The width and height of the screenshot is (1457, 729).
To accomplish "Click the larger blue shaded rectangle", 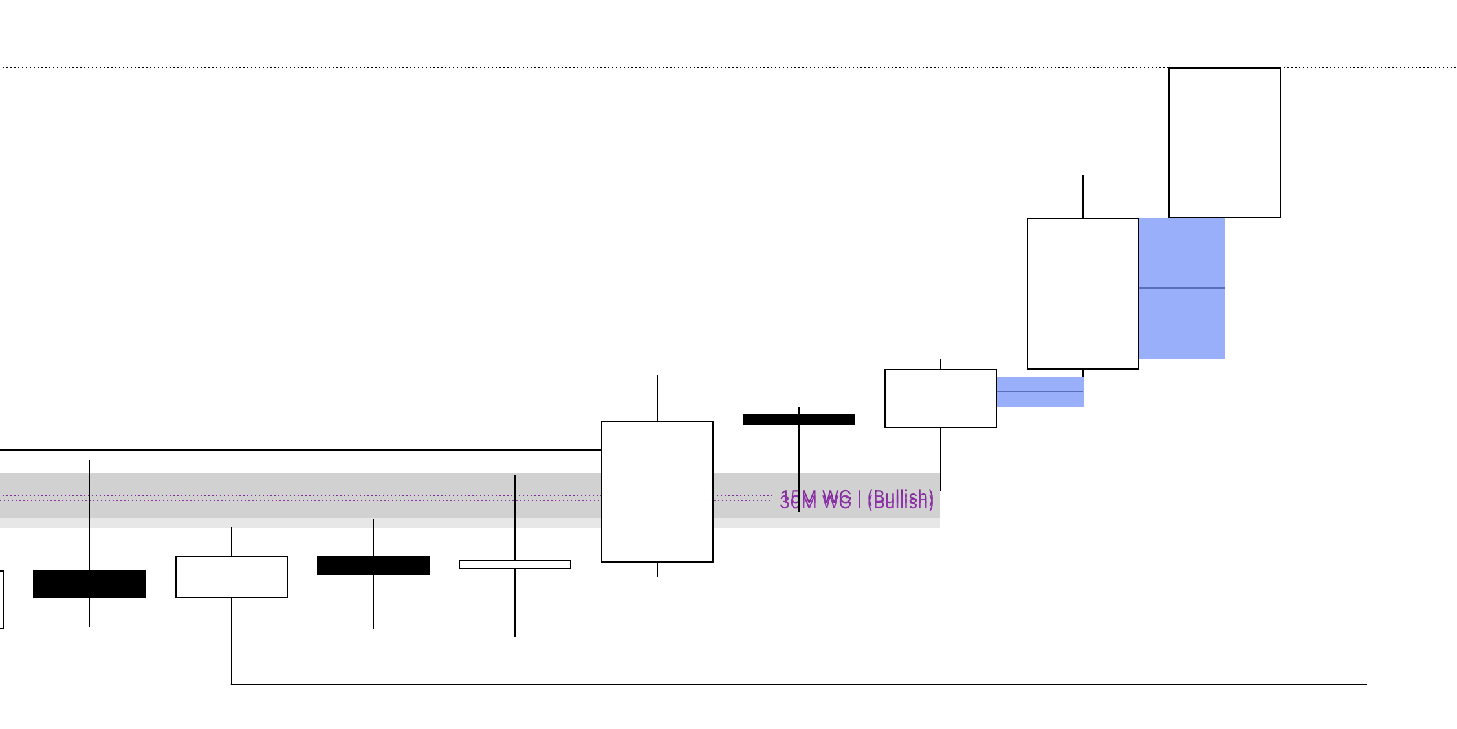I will tap(1182, 324).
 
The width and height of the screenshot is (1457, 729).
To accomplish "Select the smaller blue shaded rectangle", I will tap(1040, 399).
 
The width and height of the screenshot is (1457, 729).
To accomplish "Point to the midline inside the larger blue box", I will tap(1182, 288).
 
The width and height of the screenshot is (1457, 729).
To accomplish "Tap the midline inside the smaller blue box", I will tap(1040, 392).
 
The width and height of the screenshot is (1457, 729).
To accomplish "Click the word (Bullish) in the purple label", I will tap(901, 500).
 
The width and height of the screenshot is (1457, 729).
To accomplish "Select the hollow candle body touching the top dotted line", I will tap(1224, 142).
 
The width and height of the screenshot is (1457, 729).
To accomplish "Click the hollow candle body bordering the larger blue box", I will tap(1082, 293).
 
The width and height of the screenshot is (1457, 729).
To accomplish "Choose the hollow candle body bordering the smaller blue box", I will tap(940, 398).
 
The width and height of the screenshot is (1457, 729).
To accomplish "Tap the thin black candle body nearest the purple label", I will tap(798, 420).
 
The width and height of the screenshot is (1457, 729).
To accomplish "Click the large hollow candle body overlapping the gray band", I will tap(657, 491).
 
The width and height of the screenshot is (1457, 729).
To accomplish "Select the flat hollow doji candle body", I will tap(514, 565).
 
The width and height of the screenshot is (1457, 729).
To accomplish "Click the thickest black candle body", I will tap(89, 584).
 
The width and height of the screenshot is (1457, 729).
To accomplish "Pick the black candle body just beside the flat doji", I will tap(373, 565).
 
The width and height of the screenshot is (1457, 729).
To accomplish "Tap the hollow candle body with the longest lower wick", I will tap(231, 577).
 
